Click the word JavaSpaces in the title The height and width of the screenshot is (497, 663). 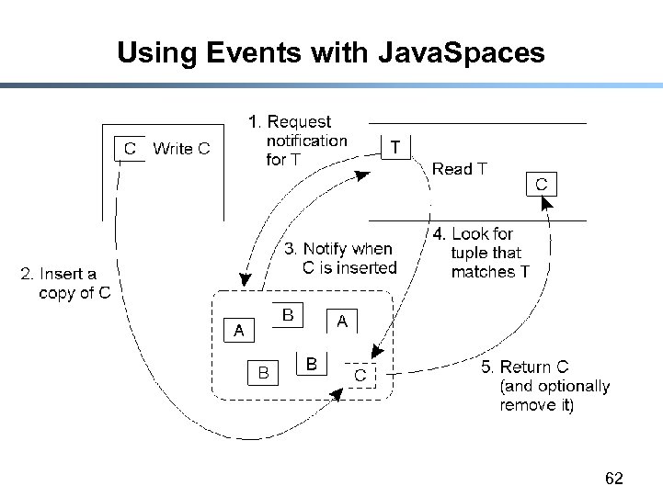(x=462, y=53)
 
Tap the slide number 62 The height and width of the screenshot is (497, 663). (x=614, y=479)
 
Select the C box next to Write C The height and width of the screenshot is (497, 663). (x=130, y=148)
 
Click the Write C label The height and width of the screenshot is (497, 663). (x=181, y=148)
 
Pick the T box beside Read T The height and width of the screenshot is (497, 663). (x=394, y=147)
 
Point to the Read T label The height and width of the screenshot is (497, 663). (x=459, y=169)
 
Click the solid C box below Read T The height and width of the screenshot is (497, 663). (x=541, y=185)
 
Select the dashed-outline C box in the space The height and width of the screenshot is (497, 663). (x=360, y=376)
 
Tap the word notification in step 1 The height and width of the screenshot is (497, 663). (x=306, y=141)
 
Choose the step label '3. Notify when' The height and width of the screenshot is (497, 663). (x=337, y=249)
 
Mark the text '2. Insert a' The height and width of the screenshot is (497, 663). (x=59, y=274)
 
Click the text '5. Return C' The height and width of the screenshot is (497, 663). (x=525, y=367)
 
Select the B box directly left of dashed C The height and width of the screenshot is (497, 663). (x=312, y=365)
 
